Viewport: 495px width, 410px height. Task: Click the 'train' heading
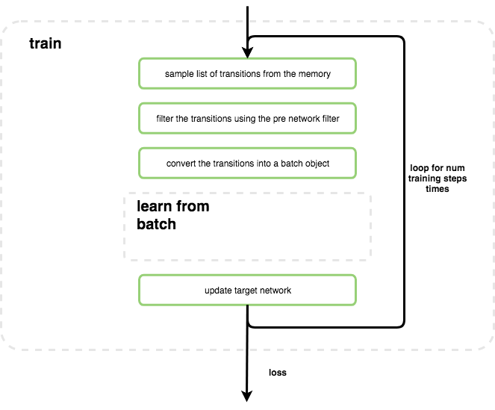[45, 43]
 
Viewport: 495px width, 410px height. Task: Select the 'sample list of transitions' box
[247, 73]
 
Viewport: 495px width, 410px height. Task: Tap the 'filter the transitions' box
[247, 118]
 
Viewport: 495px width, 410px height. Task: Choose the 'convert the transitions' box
[247, 163]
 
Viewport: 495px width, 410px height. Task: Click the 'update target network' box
[247, 290]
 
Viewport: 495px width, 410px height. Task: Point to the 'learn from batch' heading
[172, 215]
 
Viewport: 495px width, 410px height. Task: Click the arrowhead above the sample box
[247, 52]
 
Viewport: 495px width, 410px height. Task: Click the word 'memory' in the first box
[315, 74]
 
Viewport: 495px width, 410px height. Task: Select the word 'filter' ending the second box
[338, 119]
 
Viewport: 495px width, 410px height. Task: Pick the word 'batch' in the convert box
[286, 164]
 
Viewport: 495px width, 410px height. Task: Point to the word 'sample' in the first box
[178, 74]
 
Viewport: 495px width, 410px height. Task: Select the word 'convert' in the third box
[181, 164]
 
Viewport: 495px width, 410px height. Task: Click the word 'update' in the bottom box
[217, 290]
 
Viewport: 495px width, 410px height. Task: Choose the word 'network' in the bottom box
[275, 290]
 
